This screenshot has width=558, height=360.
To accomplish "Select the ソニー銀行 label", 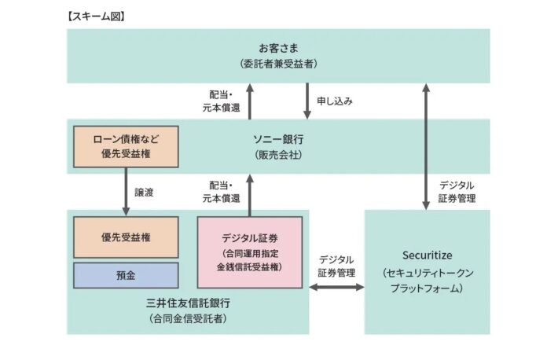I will tap(277, 138).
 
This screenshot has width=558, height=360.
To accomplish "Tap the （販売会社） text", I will tap(277, 155).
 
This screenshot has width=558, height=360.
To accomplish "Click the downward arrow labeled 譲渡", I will tap(126, 190).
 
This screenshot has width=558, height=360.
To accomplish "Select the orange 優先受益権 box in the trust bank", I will tap(126, 237).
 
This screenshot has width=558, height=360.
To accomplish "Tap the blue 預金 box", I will tap(126, 275).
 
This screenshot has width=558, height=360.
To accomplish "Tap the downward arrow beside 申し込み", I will tap(307, 101).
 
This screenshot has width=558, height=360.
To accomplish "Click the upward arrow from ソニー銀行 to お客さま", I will tap(250, 101).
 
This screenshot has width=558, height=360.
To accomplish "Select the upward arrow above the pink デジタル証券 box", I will tap(250, 193).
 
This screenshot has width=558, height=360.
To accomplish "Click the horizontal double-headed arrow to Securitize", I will tap(337, 287).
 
